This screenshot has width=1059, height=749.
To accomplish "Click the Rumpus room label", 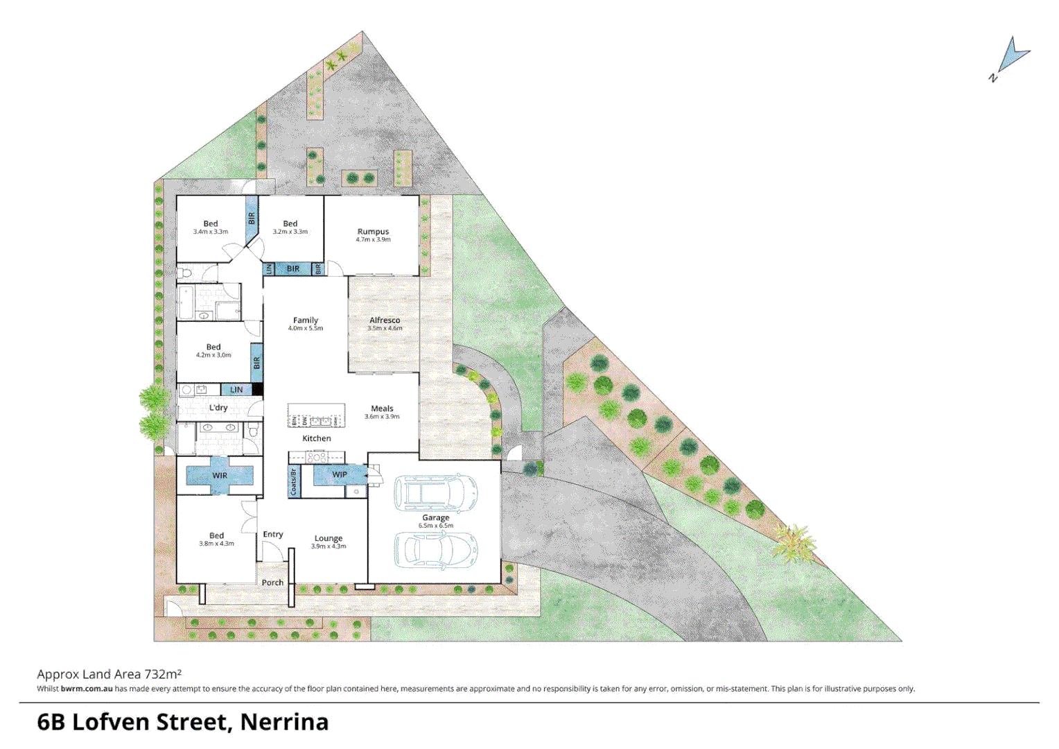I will point(373,232).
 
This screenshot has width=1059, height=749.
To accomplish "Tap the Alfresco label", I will point(385,320).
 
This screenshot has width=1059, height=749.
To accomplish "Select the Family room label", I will point(306,320).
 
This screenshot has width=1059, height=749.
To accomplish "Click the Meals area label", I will point(382,408).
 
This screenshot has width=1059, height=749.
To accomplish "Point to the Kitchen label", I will point(317,438).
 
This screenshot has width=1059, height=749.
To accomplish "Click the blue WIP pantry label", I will point(340,475).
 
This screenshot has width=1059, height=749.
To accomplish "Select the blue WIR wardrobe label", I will point(220,476).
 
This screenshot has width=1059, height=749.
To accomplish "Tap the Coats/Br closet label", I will point(294,482).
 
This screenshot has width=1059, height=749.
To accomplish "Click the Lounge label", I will point(329,538).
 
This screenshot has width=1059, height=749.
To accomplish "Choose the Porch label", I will point(272,583).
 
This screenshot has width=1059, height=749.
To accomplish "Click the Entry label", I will point(273,534).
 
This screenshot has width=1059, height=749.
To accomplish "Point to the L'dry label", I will point(218,408).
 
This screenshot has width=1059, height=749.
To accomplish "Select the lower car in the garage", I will point(436,550).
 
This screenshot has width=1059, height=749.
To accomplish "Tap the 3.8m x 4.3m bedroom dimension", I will point(217,544).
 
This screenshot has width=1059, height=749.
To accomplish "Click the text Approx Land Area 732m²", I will point(109,674).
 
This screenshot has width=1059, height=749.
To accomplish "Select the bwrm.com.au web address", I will point(87,689).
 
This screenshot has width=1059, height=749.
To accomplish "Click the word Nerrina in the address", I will point(284,722).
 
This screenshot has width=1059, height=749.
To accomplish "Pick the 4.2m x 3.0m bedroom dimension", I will point(213,355).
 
